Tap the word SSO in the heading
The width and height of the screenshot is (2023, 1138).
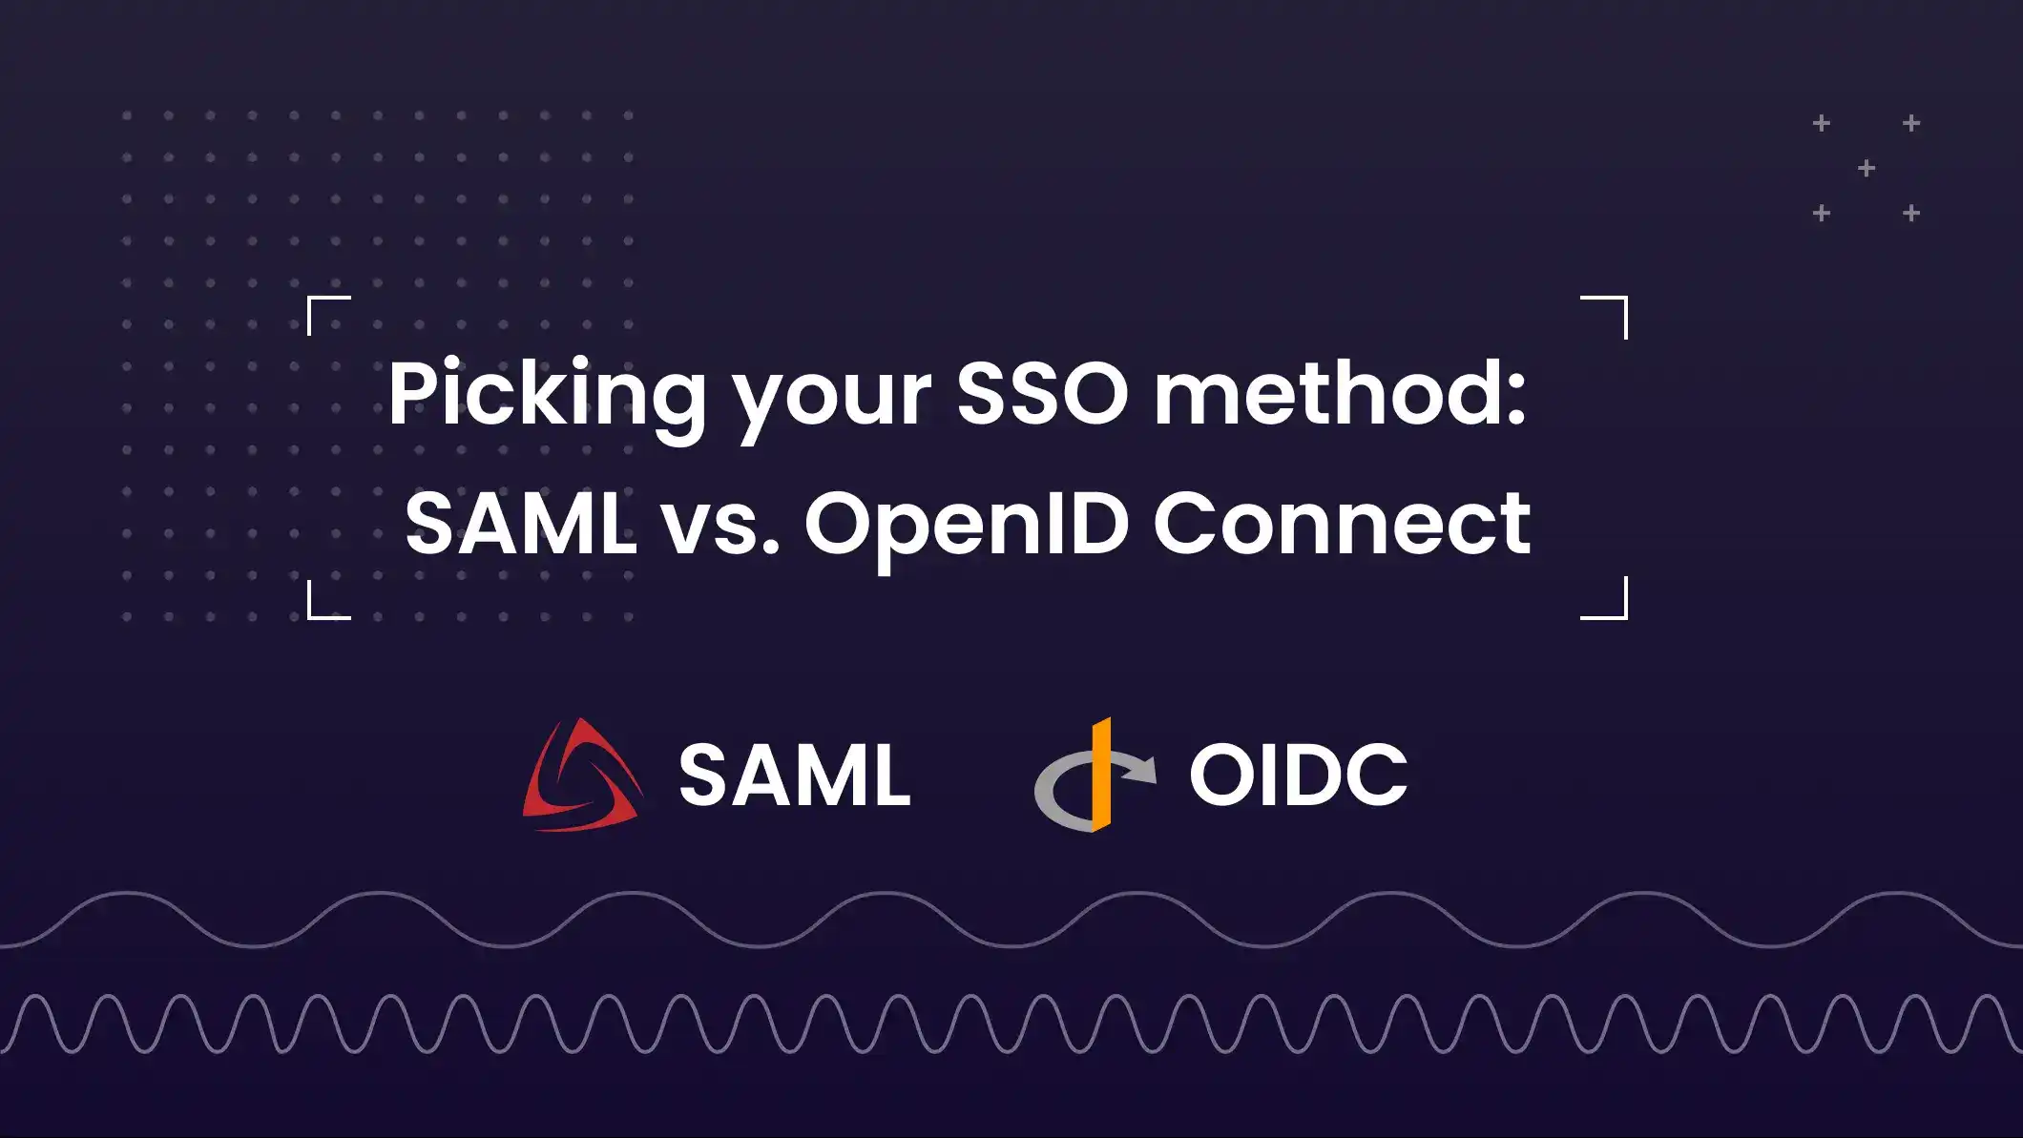pos(1042,394)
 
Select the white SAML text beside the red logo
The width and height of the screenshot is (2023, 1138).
pos(794,776)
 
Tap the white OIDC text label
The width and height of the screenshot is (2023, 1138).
pos(1298,775)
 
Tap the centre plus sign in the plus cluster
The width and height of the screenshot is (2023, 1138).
pos(1867,169)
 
